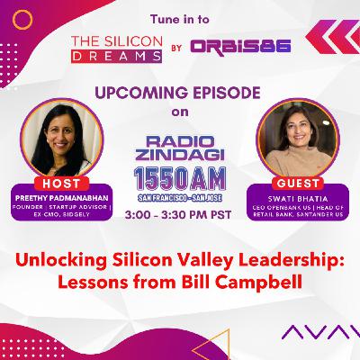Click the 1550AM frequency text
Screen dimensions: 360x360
tap(180, 177)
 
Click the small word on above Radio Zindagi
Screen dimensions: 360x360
tap(180, 112)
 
